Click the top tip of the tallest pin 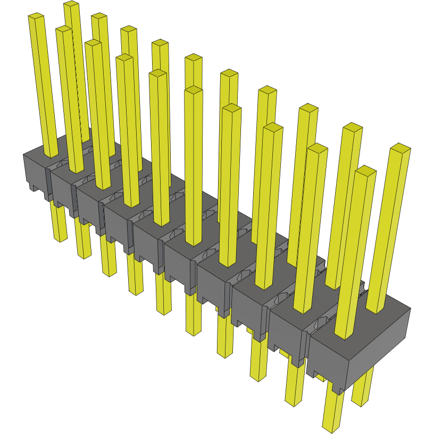pos(71,5)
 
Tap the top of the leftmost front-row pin pos(36,18)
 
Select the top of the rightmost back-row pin pos(400,147)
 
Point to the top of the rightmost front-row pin pos(365,170)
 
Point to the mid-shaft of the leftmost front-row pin pos(43,85)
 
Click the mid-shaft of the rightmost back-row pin pos(388,229)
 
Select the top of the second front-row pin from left pos(63,29)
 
